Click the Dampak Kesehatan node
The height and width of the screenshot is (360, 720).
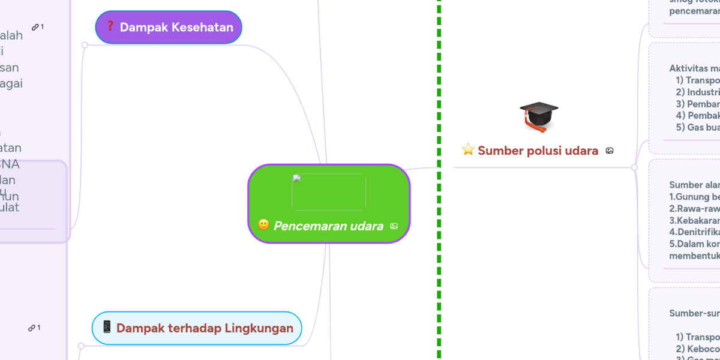pos(169,27)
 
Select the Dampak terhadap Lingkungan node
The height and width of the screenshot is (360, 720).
pos(197,328)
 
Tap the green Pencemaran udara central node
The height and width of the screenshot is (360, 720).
pos(329,203)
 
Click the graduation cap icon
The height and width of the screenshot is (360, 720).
pos(538,116)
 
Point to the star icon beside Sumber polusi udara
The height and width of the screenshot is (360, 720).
pos(468,150)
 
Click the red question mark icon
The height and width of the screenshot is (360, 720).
pos(110,26)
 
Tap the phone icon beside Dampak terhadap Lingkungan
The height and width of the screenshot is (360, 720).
pos(107,327)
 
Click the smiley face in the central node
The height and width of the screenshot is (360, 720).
pos(263,225)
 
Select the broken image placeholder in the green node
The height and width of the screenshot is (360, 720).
pos(329,192)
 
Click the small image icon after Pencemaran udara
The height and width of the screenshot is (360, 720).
pos(394,226)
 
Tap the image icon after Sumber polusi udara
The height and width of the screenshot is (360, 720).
pos(610,151)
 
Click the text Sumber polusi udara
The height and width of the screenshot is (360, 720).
pos(538,151)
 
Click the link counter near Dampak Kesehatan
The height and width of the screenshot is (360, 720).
pos(38,27)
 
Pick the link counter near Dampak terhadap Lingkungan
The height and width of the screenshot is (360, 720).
pos(34,328)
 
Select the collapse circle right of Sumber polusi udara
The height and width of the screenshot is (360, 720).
pos(634,167)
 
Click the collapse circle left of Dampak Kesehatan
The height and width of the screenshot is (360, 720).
pos(85,45)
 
